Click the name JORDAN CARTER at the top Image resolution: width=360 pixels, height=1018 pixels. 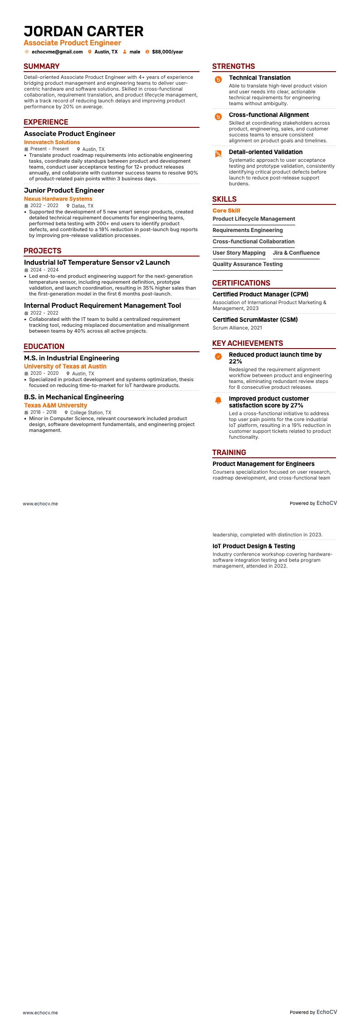click(83, 31)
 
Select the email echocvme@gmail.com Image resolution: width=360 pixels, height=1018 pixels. click(57, 52)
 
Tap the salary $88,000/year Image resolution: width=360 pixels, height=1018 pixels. click(167, 52)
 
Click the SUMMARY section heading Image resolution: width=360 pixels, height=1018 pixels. click(42, 66)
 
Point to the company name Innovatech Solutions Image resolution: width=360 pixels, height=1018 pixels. click(52, 142)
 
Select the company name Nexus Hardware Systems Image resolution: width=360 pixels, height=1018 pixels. click(58, 199)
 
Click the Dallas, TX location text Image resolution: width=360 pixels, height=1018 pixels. click(83, 206)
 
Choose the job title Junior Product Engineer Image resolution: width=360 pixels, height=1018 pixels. click(64, 190)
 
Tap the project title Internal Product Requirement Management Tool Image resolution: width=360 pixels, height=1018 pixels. click(102, 305)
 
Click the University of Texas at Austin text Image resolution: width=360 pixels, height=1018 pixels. click(65, 366)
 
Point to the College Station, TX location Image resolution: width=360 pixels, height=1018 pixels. click(90, 412)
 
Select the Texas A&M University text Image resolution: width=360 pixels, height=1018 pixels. click(55, 405)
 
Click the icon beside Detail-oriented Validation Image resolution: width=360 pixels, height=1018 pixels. click(218, 154)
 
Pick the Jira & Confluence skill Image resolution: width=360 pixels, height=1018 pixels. click(296, 253)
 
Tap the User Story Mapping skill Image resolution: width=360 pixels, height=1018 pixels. click(239, 253)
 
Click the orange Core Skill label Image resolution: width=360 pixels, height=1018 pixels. click(226, 211)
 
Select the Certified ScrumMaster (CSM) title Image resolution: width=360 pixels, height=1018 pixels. click(255, 320)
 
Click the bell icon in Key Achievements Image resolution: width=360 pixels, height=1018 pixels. click(218, 400)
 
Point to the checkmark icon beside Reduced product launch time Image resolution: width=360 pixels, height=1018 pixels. click(218, 356)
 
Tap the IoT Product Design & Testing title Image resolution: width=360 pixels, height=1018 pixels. click(254, 546)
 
